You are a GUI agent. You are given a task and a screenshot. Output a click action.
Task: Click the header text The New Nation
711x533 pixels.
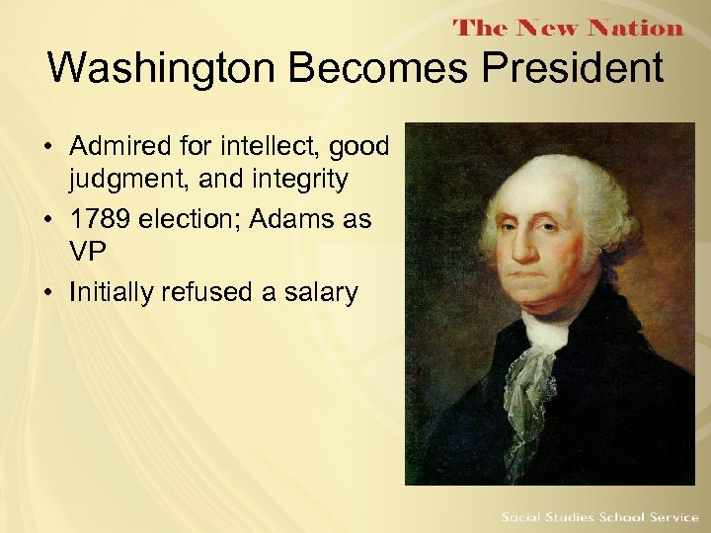coord(568,27)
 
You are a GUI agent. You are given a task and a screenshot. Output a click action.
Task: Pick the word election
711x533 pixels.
coord(189,219)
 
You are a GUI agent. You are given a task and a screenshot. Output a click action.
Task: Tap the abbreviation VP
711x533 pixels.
coord(87,253)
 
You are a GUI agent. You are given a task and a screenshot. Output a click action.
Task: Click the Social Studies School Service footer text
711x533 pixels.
coord(599,517)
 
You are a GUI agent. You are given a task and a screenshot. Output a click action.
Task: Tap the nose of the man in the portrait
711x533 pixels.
coord(535,255)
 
